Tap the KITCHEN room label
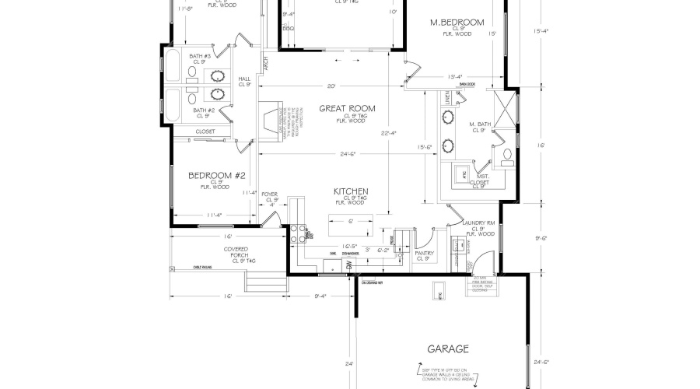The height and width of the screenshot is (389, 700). (351, 191)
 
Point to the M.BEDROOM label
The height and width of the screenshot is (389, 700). (457, 23)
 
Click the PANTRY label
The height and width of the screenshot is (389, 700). (424, 253)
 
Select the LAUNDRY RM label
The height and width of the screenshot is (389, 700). (478, 223)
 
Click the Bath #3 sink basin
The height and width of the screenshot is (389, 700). (217, 76)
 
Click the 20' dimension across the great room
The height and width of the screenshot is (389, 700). (331, 85)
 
